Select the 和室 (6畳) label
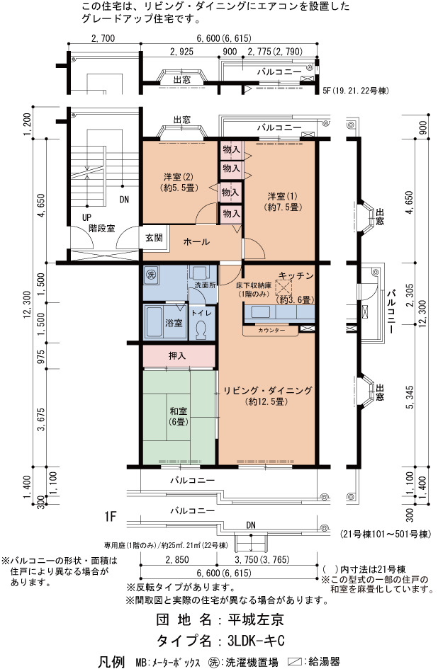[x=178, y=416]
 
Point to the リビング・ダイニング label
[x=268, y=390]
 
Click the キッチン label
[x=296, y=276]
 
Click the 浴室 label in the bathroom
[x=174, y=323]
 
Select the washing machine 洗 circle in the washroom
[x=150, y=274]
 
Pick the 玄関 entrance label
[x=154, y=238]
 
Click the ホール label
[x=196, y=242]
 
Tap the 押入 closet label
[x=177, y=355]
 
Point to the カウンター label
[x=271, y=330]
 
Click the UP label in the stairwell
[x=86, y=217]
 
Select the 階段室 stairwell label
[x=101, y=228]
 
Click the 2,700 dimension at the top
[x=103, y=38]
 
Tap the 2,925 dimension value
[x=181, y=52]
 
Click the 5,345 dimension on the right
[x=410, y=398]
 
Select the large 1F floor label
[x=111, y=517]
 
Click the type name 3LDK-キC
[x=256, y=641]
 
